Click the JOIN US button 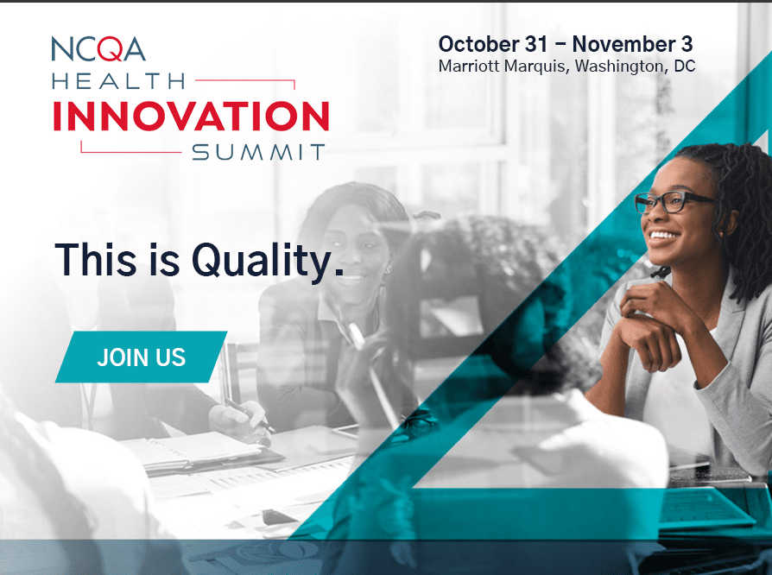(x=142, y=357)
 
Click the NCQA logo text (x=98, y=48)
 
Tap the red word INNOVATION (x=191, y=117)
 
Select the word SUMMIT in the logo (x=258, y=152)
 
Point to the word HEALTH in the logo (x=118, y=81)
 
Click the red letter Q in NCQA (x=111, y=49)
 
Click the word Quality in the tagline (x=267, y=260)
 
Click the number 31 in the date (x=536, y=44)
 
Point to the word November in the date (x=623, y=44)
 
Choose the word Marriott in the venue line (x=469, y=66)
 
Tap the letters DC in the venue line (x=685, y=66)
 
